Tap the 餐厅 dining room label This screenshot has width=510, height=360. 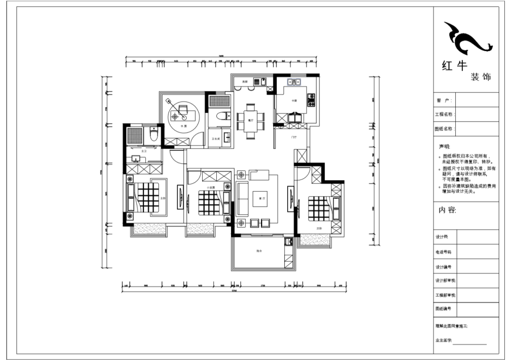[249, 120]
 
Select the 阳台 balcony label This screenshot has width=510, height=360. [259, 251]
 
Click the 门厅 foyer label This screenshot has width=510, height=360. [293, 137]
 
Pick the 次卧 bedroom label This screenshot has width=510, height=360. [319, 228]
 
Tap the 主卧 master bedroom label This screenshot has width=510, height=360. [162, 198]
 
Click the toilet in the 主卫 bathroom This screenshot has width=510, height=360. [153, 135]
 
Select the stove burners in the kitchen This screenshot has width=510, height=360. [311, 100]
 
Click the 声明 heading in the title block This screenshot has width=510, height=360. [445, 147]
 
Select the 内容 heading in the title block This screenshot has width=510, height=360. [448, 210]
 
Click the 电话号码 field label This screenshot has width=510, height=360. [444, 252]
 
